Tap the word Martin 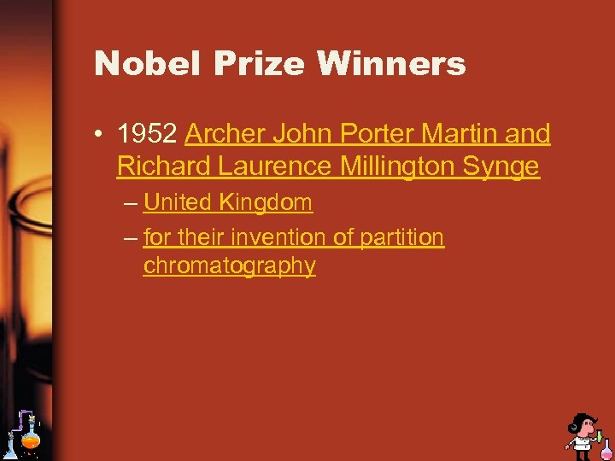pyautogui.click(x=458, y=134)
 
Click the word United pyautogui.click(x=177, y=203)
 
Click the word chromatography pyautogui.click(x=229, y=266)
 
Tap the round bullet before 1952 pyautogui.click(x=101, y=135)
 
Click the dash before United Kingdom pyautogui.click(x=129, y=204)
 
